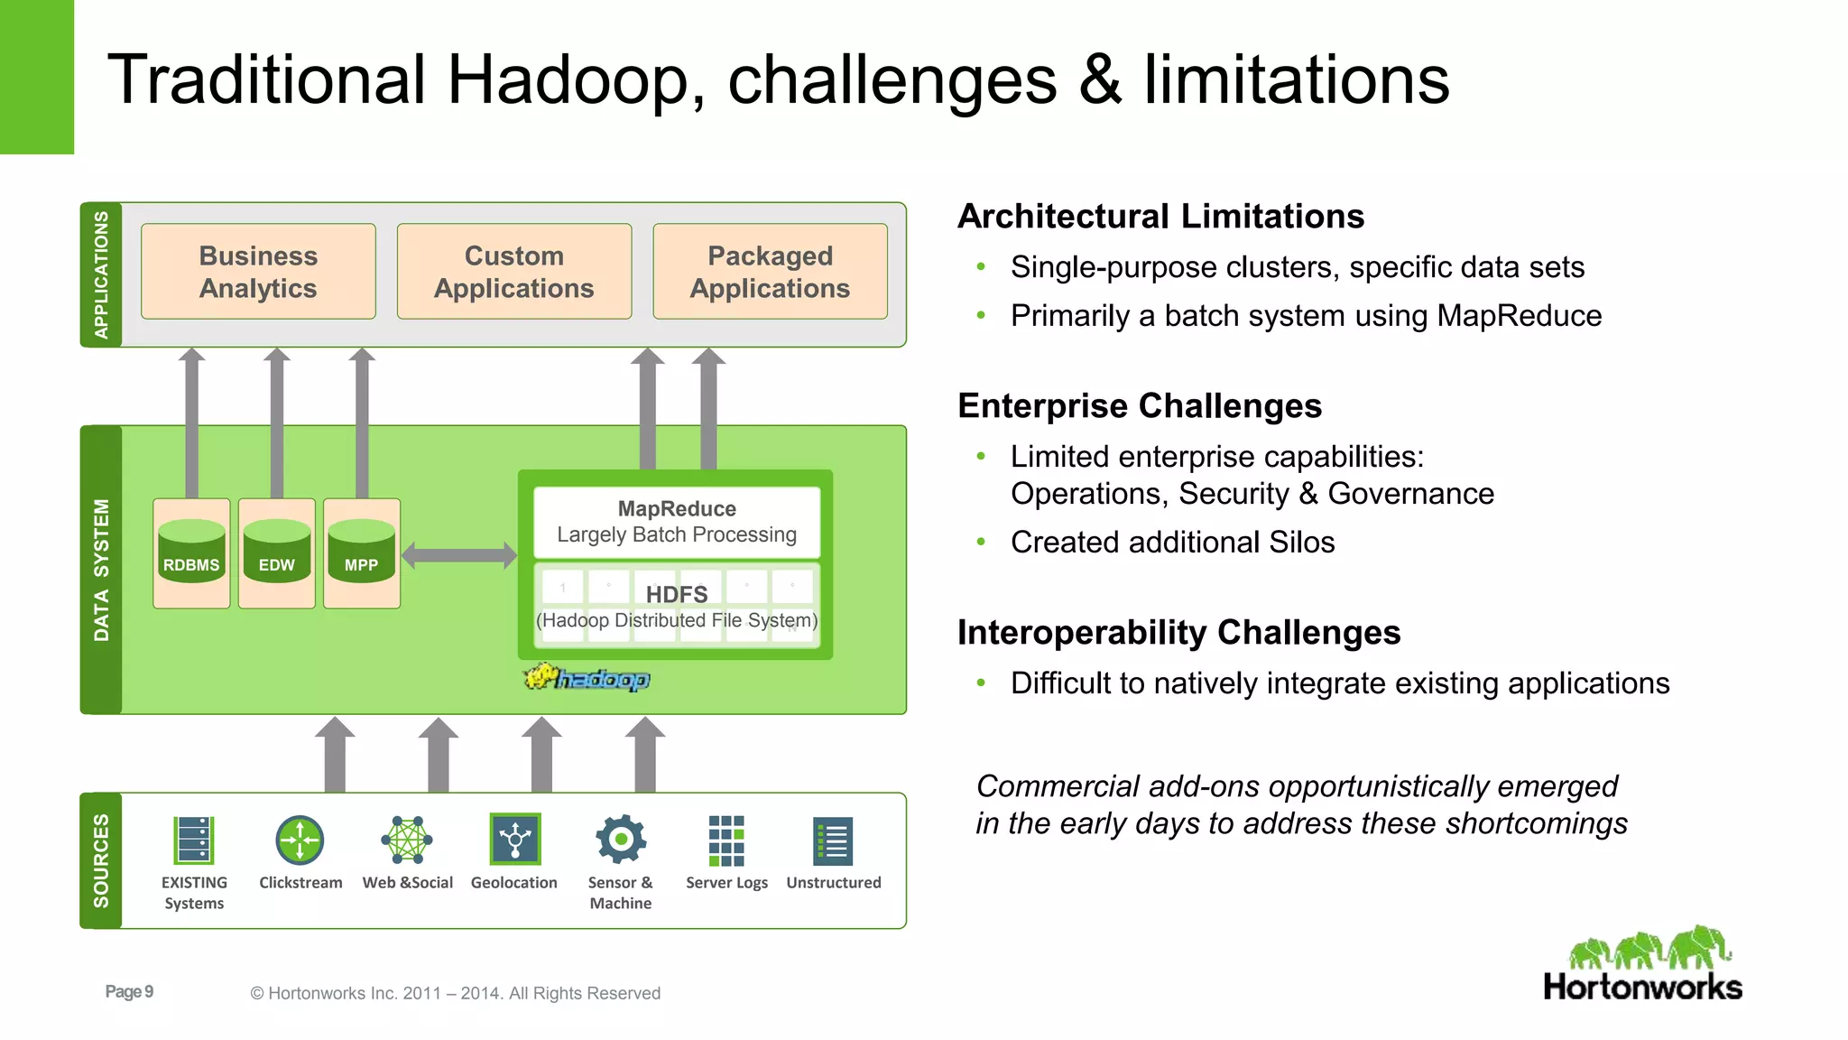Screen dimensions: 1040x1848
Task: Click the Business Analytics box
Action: (258, 272)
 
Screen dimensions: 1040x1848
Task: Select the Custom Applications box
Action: (513, 272)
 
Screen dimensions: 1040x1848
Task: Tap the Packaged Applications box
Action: (770, 272)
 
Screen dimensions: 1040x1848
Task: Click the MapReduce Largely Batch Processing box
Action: (677, 522)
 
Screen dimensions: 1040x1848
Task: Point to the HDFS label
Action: (677, 595)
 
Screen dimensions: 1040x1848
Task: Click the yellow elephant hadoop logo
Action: (587, 677)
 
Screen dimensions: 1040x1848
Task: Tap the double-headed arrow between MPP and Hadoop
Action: (458, 555)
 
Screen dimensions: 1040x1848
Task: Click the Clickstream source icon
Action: (300, 840)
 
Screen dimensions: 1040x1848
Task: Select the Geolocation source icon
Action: (514, 839)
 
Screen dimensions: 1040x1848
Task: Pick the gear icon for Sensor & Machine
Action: (621, 840)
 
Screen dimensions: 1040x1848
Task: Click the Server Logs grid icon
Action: (726, 840)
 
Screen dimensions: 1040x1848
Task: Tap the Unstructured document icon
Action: (833, 841)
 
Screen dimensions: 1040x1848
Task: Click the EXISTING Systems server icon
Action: (193, 840)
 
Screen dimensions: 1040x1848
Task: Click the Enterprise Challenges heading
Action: (1139, 406)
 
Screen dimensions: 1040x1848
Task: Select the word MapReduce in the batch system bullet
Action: (1519, 316)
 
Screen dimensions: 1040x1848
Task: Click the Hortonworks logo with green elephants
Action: (1642, 964)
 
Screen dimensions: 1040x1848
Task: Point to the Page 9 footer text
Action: (129, 991)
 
